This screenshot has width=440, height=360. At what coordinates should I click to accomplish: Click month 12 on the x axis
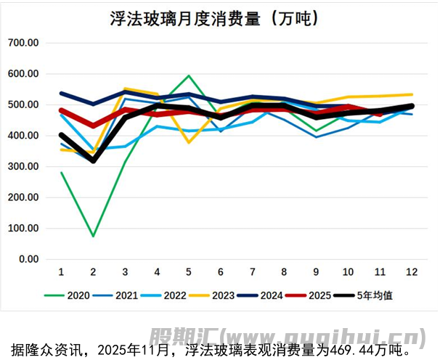412,271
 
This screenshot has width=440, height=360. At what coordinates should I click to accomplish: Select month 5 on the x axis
189,271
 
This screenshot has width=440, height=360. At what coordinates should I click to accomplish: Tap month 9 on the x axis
317,271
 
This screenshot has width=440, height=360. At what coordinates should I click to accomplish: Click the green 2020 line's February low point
93,236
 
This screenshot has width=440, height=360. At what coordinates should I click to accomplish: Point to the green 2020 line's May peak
189,75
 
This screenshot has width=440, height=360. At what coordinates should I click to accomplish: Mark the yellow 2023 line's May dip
189,142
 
